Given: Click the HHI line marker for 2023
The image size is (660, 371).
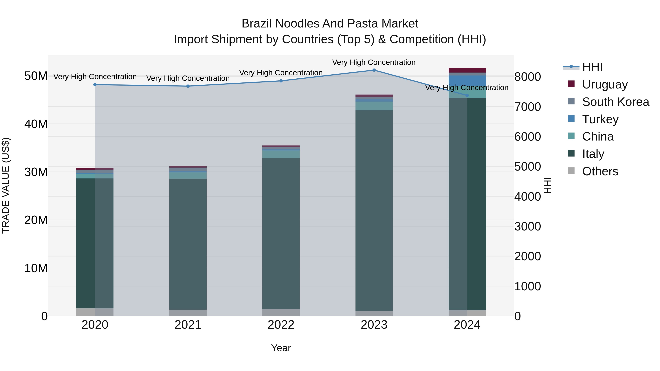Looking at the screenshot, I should click(374, 70).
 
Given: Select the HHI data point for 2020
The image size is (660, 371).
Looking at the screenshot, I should click(95, 85).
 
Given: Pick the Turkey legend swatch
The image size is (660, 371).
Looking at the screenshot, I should click(571, 119).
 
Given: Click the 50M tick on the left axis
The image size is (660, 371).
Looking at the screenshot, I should click(36, 76).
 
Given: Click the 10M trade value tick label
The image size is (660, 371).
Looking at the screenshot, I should click(36, 268).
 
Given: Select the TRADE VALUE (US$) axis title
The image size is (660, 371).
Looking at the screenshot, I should click(6, 185).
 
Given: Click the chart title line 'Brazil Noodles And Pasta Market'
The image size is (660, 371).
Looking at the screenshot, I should click(330, 24).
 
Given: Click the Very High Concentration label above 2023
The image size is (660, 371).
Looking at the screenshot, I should click(374, 62).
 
